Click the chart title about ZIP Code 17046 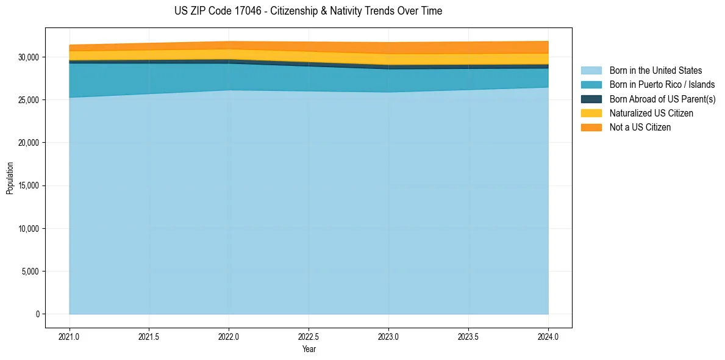coord(308,11)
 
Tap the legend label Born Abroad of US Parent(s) coord(662,99)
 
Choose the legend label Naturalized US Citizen coord(651,113)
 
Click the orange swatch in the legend coord(591,128)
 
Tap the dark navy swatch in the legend coord(591,99)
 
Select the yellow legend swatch coord(591,113)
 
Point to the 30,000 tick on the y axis coord(29,57)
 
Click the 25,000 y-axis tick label coord(29,100)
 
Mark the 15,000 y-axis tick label coord(29,186)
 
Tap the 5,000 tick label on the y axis coord(30,272)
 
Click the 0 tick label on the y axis coord(37,314)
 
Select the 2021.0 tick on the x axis coord(70,336)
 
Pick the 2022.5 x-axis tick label coord(309,336)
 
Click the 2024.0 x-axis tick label coord(548,336)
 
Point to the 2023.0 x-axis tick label coord(388,336)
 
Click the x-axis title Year coord(309,350)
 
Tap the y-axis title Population coord(10,178)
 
